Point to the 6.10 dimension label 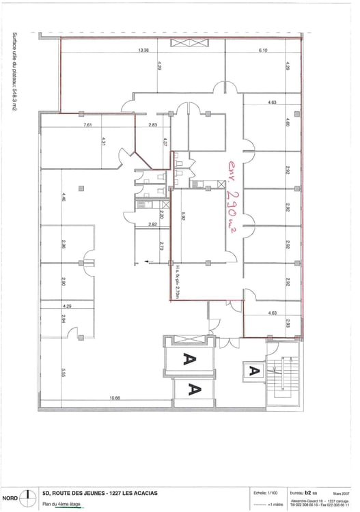click(262, 51)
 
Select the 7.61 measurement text click(87, 126)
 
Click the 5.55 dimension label click(63, 372)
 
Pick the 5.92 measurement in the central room click(183, 217)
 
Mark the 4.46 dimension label click(63, 199)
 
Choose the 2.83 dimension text click(152, 126)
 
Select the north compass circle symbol click(26, 496)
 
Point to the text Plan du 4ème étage click(61, 504)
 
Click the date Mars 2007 click(342, 492)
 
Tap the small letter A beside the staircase click(253, 371)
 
